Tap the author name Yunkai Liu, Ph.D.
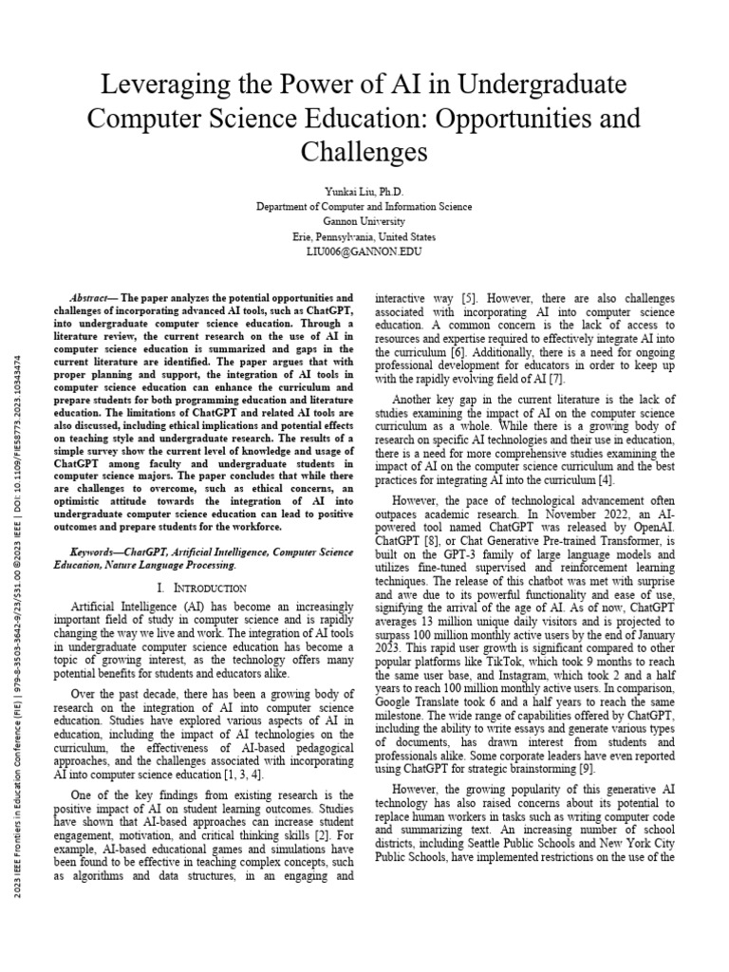[x=364, y=191]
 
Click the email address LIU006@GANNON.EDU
[x=364, y=252]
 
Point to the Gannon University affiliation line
[x=364, y=221]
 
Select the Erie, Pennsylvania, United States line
[x=364, y=236]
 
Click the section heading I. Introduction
[x=202, y=589]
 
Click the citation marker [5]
[x=469, y=297]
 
